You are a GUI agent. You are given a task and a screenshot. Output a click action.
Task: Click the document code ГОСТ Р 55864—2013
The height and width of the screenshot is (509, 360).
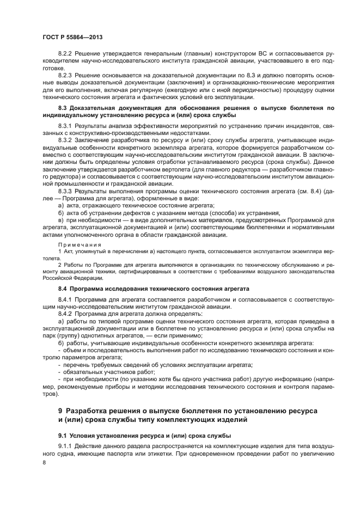pos(72,36)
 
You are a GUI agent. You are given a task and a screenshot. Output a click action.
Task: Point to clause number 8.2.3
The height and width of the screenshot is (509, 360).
pos(66,73)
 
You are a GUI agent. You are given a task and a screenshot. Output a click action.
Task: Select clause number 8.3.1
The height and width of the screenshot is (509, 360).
pos(66,126)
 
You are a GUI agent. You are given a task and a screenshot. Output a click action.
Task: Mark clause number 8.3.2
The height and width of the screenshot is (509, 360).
pos(66,140)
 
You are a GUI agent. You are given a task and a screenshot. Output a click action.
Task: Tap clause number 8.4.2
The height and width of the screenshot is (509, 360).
pos(66,314)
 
